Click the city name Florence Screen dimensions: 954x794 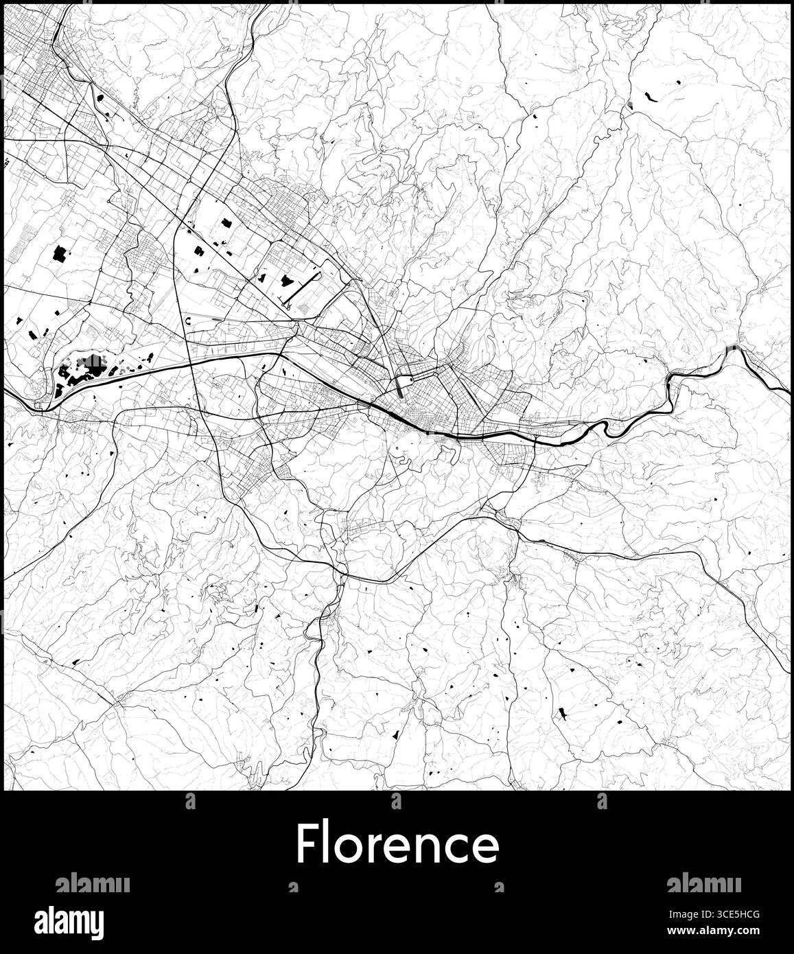[397, 844]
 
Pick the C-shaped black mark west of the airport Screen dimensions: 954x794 [188, 321]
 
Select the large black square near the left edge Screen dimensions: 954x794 [59, 255]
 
